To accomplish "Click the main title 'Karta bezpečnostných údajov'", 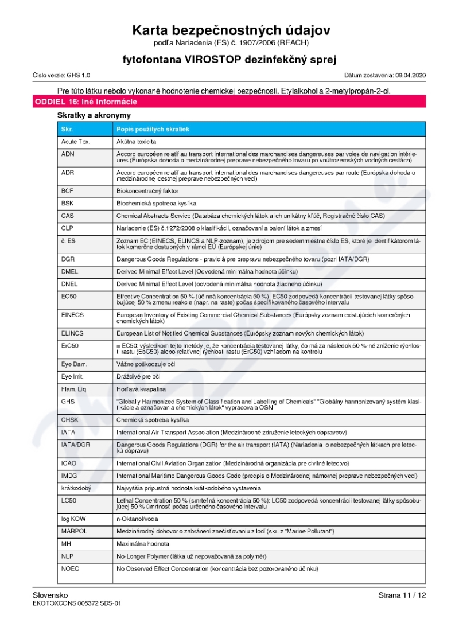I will (231, 30).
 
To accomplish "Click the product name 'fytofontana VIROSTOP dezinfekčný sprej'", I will (229, 59).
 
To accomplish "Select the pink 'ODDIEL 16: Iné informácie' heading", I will (86, 102).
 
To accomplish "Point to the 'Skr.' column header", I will (67, 129).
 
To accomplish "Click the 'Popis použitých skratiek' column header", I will (153, 129).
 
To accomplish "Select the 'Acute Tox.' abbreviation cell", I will (76, 141).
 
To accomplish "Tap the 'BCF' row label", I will (67, 190).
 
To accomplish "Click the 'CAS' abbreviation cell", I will (67, 216).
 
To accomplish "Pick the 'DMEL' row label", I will (69, 271).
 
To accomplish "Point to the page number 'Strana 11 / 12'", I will (402, 595).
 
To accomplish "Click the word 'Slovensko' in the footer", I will (50, 595).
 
